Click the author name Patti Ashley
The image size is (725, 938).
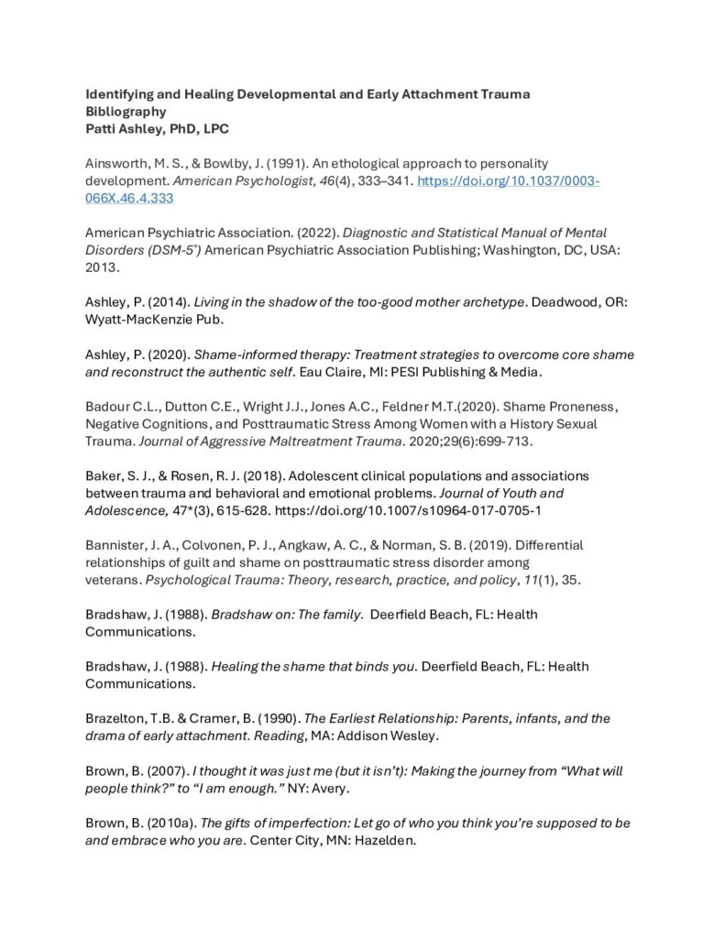click(x=121, y=128)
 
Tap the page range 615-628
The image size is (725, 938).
click(x=224, y=510)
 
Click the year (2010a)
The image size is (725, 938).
click(x=159, y=823)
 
